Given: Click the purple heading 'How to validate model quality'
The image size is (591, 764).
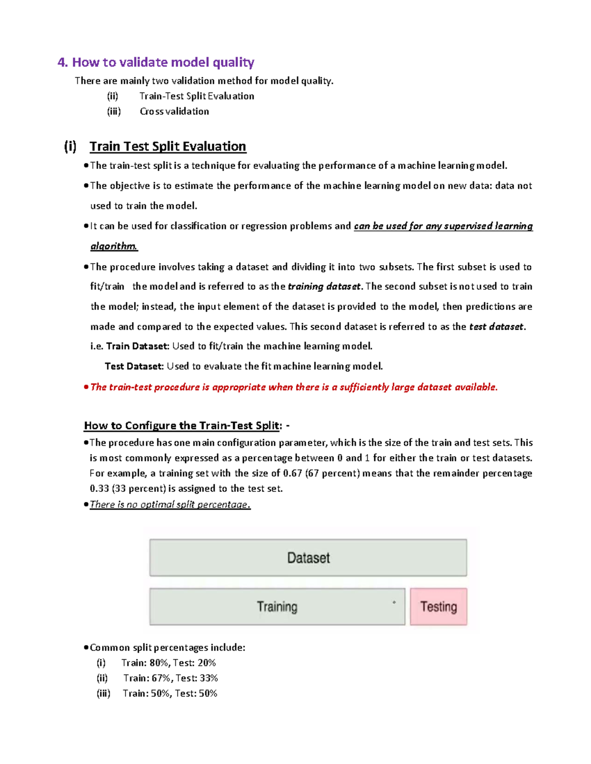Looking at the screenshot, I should pos(163,62).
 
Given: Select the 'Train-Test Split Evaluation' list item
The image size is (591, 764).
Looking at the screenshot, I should pos(197,96).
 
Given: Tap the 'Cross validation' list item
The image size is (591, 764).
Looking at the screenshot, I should pos(174,111).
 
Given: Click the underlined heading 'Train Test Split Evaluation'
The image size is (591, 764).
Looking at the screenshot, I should pos(167,147).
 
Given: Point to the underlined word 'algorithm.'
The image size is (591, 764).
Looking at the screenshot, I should pos(114,246).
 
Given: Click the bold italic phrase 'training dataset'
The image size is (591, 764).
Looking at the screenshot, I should pos(324,286).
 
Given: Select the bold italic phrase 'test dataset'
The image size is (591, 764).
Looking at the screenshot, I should pos(496,327).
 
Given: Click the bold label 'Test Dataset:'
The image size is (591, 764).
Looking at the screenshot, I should pos(133,367).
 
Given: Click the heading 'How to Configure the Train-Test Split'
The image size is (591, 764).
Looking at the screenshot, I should pos(182,426).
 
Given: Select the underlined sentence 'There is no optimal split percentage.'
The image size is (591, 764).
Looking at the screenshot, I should pos(170,505).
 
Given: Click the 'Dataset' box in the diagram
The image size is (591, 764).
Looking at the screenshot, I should pos(308,558).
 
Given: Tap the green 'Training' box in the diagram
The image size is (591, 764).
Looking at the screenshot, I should pos(277,607).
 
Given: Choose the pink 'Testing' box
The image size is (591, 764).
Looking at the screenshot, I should pos(438,607).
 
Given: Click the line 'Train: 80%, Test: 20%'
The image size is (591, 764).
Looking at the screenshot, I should pos(168,663).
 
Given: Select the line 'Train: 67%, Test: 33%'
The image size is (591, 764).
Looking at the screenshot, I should pos(170,678).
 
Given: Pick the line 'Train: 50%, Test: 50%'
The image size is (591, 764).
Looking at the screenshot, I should pos(170,693).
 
